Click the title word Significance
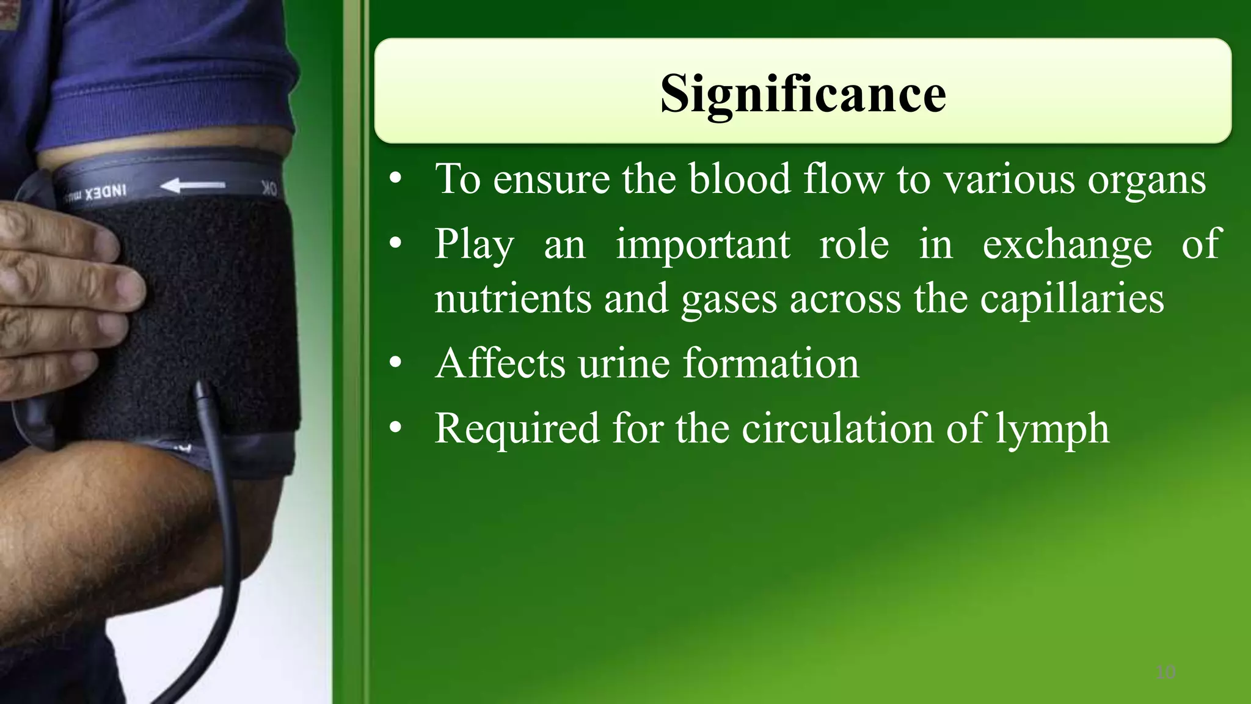coord(803,95)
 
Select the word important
coord(702,244)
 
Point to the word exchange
coord(1067,244)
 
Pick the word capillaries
coord(1072,299)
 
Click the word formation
coord(771,364)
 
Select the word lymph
coord(1052,429)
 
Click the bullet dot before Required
coord(396,429)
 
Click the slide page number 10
coord(1165,673)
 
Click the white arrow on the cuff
coord(194,185)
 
